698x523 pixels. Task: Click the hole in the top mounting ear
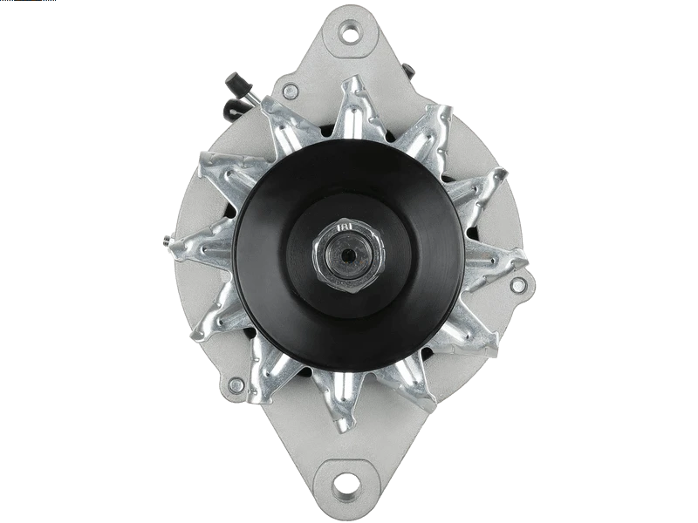click(352, 32)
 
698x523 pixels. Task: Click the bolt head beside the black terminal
click(291, 91)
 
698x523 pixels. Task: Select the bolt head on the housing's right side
click(518, 285)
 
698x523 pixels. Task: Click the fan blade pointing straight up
click(353, 109)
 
